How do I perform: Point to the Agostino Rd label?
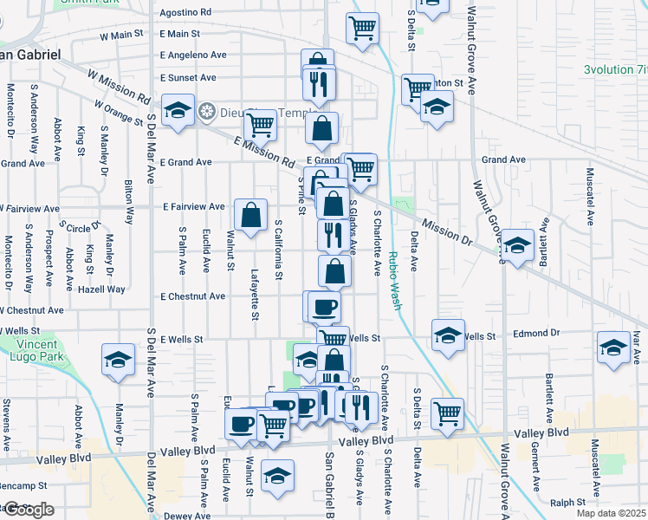click(185, 12)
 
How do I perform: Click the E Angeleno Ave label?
click(193, 55)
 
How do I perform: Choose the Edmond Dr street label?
click(535, 334)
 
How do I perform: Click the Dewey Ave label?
click(187, 516)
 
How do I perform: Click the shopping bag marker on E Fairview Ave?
click(250, 216)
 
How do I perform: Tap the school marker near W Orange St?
click(178, 112)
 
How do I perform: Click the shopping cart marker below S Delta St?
click(447, 414)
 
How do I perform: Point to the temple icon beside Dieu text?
click(206, 111)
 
